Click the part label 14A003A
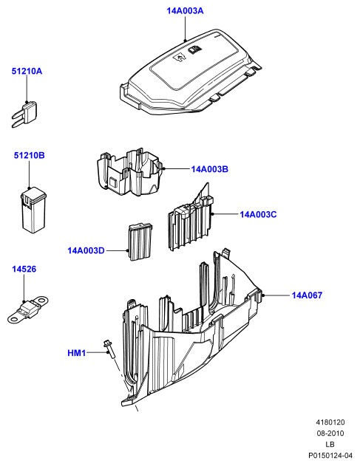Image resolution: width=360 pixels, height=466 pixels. (185, 11)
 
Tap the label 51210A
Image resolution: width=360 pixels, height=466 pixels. (27, 72)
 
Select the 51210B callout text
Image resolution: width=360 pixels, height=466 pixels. (29, 155)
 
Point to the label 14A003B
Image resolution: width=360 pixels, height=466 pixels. (209, 169)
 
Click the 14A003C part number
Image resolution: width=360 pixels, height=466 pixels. (258, 214)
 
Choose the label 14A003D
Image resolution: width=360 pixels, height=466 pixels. (86, 250)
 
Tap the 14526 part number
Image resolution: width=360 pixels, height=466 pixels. (24, 270)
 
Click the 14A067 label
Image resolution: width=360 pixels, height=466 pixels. (307, 295)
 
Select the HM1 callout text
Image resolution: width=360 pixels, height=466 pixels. (76, 353)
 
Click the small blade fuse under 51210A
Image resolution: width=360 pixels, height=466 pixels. (24, 114)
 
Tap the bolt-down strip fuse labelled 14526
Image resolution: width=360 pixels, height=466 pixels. (27, 309)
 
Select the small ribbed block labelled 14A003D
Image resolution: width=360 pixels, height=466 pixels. (140, 241)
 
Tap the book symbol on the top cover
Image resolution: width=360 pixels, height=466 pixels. (194, 50)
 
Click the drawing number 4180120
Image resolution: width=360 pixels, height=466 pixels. (330, 422)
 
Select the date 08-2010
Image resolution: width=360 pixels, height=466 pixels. (330, 434)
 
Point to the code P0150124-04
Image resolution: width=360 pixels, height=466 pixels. (330, 456)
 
